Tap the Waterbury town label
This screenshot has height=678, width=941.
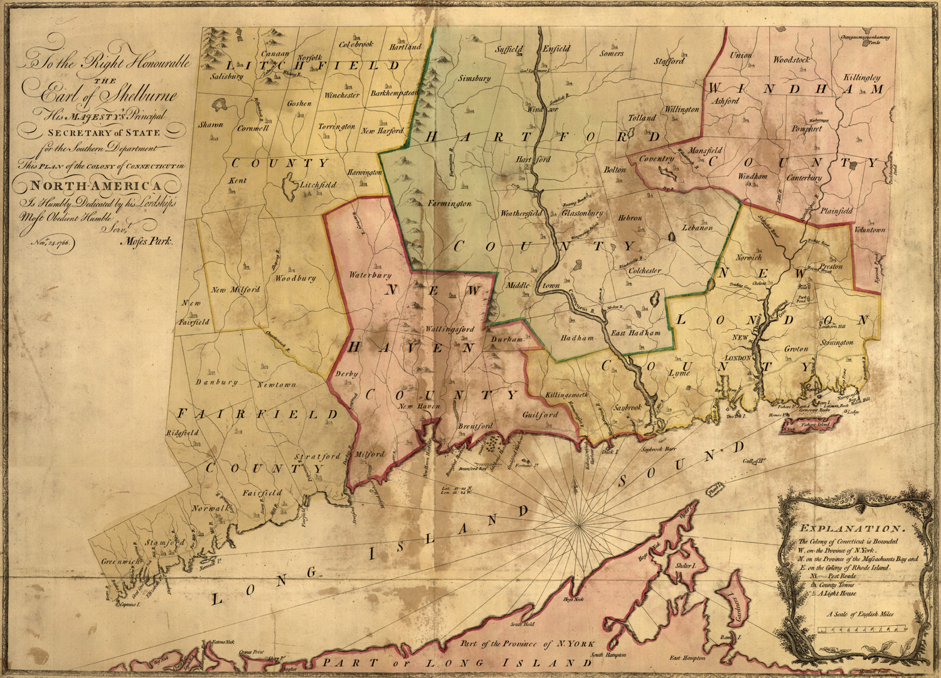click(370, 275)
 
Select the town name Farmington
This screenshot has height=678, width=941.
click(450, 204)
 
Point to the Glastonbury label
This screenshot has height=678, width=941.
click(582, 213)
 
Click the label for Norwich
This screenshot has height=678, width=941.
click(748, 258)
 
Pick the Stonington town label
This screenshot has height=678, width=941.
click(837, 342)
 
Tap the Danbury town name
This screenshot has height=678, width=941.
click(216, 382)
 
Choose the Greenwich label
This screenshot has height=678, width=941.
click(121, 562)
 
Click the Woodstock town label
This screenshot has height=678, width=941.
click(791, 60)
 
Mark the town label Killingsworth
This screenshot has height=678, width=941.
click(567, 395)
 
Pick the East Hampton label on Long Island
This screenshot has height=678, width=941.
click(687, 658)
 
